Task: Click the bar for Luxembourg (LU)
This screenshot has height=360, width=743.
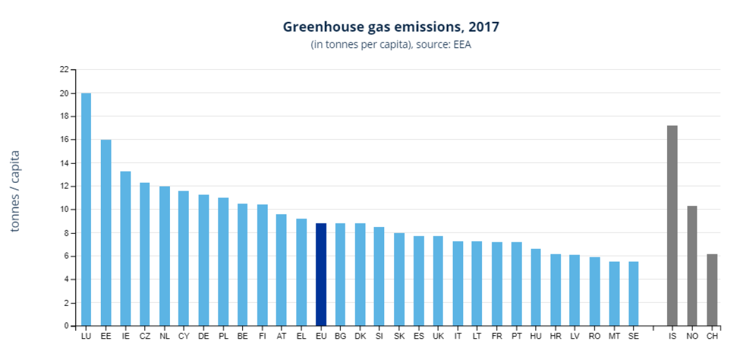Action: [x=86, y=209]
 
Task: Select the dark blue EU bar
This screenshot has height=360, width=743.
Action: [x=321, y=274]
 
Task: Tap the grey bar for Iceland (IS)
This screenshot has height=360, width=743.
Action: [x=672, y=226]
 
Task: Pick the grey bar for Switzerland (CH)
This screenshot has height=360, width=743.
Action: [x=712, y=290]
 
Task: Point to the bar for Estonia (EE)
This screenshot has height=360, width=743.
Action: [x=106, y=233]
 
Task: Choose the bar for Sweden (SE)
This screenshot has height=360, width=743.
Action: [x=633, y=293]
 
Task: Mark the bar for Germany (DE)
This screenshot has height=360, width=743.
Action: [x=203, y=260]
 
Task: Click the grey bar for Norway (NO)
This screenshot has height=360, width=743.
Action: [x=692, y=266]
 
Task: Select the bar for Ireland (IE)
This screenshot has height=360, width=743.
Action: [x=125, y=248]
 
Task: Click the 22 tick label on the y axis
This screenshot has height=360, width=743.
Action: [x=64, y=70]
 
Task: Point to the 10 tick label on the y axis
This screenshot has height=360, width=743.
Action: [x=64, y=209]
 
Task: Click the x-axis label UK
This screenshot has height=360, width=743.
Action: [x=438, y=335]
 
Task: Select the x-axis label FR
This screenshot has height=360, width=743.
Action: [x=497, y=335]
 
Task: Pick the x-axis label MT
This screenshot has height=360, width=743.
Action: [x=614, y=335]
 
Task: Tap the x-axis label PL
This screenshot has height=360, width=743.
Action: [x=223, y=335]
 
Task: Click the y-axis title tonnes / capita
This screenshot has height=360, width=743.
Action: [x=16, y=191]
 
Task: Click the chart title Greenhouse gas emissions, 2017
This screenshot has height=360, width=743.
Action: [x=391, y=27]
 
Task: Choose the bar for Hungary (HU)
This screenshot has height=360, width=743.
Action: [x=536, y=287]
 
